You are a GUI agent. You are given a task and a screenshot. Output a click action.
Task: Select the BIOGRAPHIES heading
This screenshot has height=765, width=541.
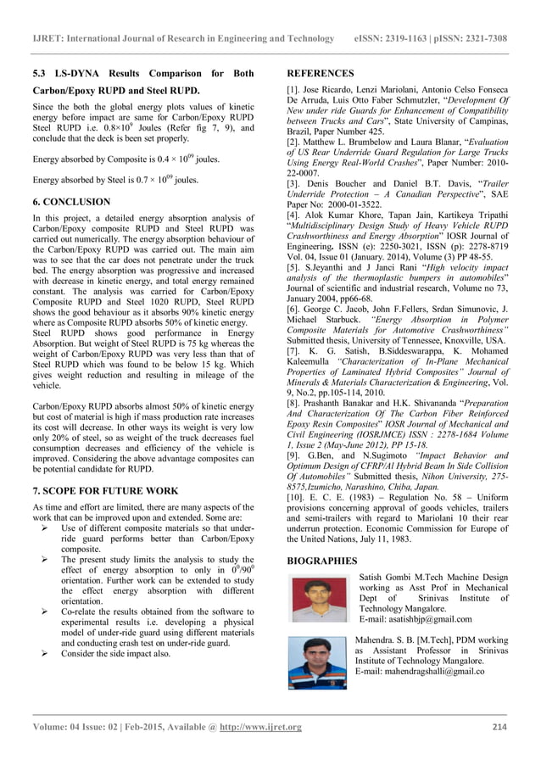[x=322, y=561]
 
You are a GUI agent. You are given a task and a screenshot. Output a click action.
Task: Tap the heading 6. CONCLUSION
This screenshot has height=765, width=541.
[x=71, y=202]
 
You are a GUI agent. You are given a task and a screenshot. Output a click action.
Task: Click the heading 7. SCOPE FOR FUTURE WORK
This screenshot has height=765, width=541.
[x=105, y=490]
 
